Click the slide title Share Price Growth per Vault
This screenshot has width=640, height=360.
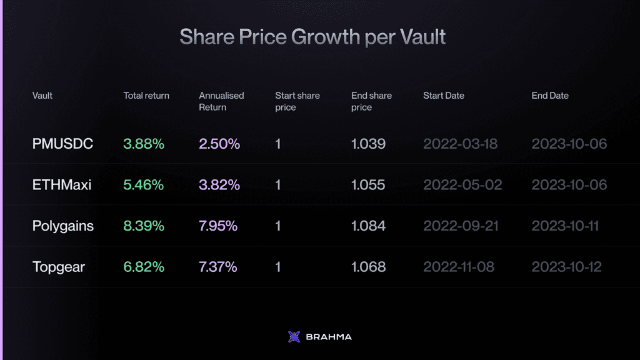pos(312,37)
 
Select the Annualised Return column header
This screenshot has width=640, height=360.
pos(221,101)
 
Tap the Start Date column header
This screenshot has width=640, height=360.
pos(444,96)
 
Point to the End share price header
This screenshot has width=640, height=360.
pos(371,101)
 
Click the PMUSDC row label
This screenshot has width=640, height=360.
pos(62,144)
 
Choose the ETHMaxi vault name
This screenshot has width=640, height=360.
pos(62,185)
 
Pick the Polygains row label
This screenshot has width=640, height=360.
pos(63,226)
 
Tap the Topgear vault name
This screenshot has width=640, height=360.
pos(59,267)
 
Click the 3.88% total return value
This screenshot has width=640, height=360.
pos(144,144)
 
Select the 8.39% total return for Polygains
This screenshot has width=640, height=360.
pos(144,226)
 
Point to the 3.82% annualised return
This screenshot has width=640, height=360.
pos(219,185)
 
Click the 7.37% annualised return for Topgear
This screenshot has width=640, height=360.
pos(218,267)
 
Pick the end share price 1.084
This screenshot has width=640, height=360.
pos(369,226)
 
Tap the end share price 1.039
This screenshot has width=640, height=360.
pos(369,144)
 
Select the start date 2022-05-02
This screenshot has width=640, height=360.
pos(462,185)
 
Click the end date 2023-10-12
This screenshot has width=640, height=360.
pos(567,267)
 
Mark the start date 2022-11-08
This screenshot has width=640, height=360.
pos(459,267)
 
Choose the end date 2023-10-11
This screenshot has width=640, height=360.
pos(566,226)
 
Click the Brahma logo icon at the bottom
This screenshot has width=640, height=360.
pos(294,337)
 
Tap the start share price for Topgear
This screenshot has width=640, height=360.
pos(278,267)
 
